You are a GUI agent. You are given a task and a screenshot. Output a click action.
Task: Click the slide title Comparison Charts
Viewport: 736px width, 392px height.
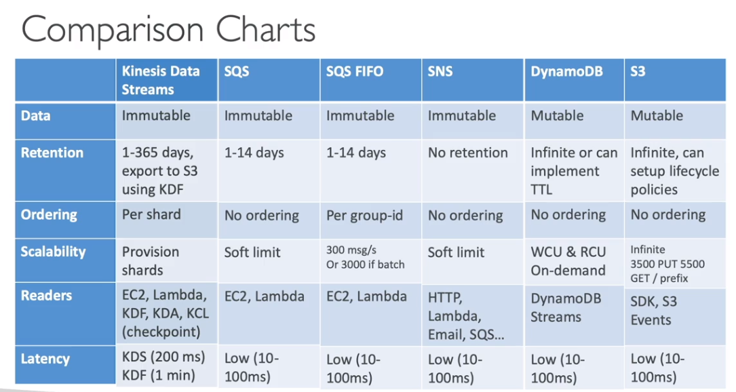coord(168,30)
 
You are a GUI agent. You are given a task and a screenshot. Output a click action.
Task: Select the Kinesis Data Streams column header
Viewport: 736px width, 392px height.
coord(161,80)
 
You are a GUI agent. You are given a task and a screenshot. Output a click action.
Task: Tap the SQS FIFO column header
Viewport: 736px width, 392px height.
coord(354,71)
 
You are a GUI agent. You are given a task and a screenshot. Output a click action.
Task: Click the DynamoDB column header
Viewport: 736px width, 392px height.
coord(566,71)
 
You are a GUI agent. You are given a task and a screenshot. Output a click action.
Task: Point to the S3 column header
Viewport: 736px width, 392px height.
coord(638,71)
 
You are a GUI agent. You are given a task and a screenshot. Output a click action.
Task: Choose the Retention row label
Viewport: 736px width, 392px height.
coord(52,153)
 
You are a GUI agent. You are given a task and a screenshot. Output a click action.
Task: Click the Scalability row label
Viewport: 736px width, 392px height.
coord(53,252)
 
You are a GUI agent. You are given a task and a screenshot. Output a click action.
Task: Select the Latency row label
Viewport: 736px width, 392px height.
coord(45,359)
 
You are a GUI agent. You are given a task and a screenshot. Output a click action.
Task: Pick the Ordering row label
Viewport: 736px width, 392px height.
coord(49,214)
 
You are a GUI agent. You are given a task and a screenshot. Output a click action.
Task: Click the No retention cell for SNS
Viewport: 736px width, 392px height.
coord(467,153)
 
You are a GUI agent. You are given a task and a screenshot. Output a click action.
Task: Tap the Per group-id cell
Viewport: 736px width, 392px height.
coord(364,216)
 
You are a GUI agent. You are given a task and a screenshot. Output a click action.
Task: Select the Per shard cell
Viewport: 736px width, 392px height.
coord(151,214)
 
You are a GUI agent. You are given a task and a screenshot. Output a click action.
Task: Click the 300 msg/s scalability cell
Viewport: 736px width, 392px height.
coord(365,257)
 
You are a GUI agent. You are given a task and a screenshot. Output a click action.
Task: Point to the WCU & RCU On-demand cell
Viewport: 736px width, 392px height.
coord(568,261)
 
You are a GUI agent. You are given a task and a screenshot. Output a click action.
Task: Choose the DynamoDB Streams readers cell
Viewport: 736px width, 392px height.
coord(566,307)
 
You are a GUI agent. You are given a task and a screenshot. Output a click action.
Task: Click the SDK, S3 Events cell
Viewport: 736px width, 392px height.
coord(653,311)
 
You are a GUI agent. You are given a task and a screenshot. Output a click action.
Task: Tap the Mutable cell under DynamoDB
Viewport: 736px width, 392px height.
coord(557,115)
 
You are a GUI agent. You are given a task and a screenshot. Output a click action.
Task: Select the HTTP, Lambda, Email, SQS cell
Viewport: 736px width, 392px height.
coord(465,315)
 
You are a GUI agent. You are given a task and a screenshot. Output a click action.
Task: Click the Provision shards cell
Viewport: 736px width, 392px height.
coord(150,261)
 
